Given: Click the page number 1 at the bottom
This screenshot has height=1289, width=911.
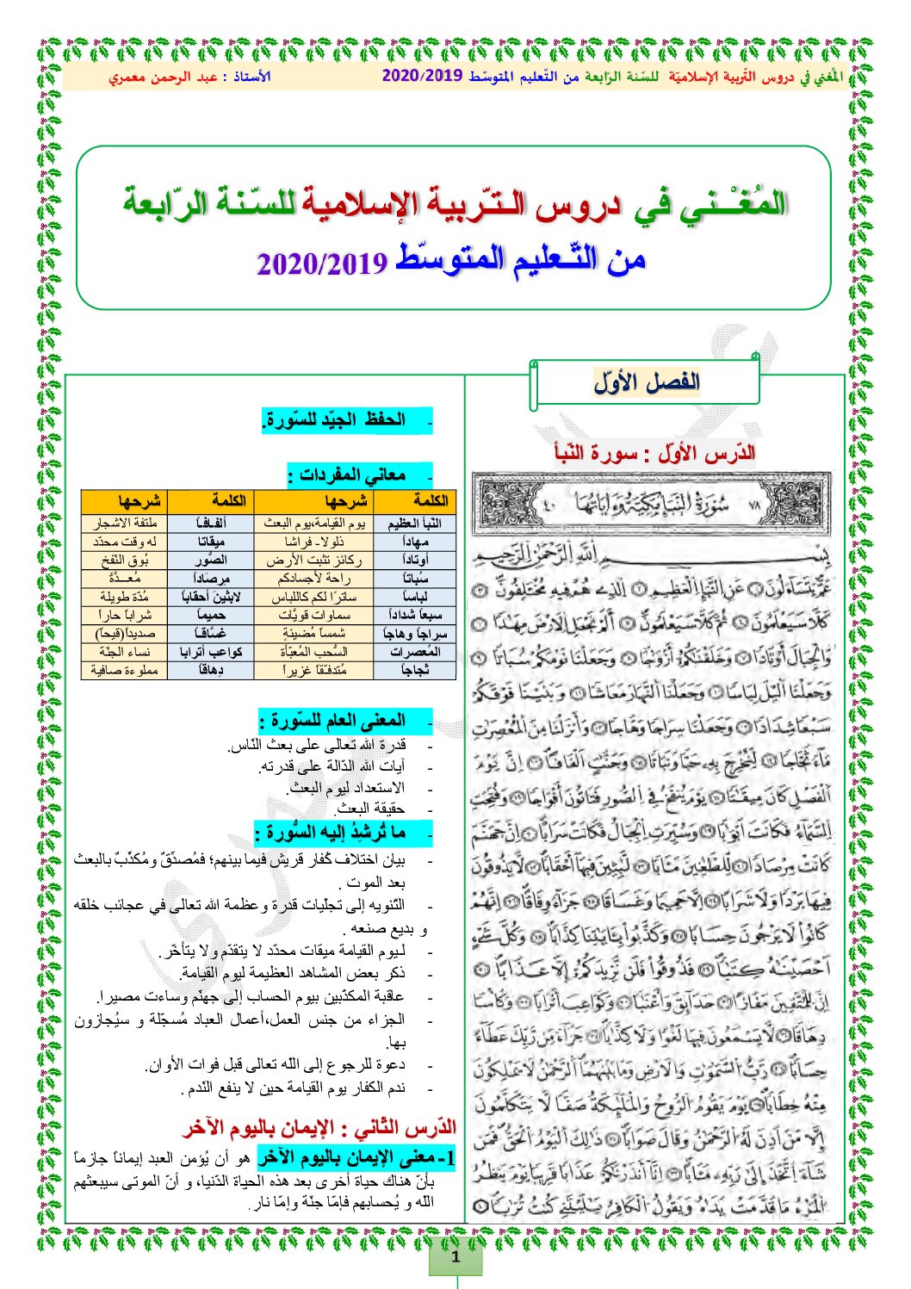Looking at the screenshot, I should [455, 1255].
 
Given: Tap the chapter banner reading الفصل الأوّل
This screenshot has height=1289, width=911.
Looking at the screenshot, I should [646, 382].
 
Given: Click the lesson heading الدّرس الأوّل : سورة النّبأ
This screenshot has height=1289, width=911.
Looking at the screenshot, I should [654, 452].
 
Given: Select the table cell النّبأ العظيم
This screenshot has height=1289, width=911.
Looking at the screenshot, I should [414, 523].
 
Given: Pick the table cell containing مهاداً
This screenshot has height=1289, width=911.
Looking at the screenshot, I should [414, 542].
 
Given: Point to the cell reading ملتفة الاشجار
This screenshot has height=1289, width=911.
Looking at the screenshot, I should [125, 523].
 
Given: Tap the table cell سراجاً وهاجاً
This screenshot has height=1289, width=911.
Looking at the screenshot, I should [414, 634].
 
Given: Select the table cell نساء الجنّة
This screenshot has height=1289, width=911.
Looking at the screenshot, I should [125, 652].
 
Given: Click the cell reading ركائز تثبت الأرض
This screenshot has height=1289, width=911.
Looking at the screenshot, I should [314, 560].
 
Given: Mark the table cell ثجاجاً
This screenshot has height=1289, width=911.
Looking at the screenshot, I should [414, 670].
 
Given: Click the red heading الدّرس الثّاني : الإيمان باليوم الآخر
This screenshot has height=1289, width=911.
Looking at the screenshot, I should [319, 1127].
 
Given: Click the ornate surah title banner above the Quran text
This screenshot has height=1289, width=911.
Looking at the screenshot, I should [652, 503].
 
